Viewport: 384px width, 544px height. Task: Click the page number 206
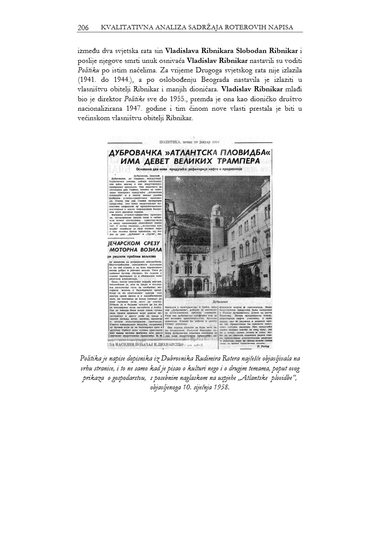pyautogui.click(x=83, y=28)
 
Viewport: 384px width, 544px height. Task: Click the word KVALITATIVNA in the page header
pyautogui.click(x=124, y=28)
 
